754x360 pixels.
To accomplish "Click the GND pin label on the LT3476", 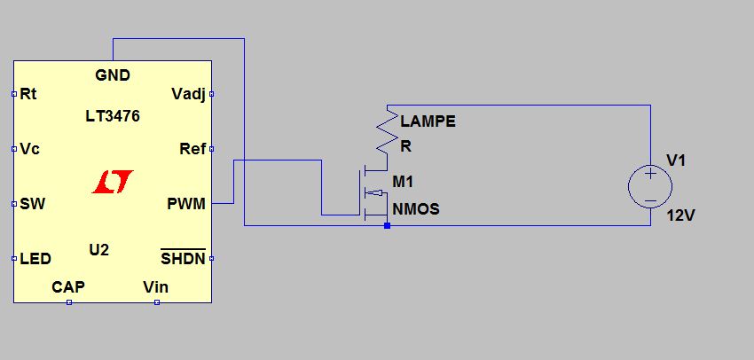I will coord(113,75).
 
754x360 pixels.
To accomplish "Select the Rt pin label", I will coord(28,93).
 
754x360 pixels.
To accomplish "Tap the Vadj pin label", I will coord(188,93).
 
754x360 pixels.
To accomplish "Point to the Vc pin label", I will coord(29,148).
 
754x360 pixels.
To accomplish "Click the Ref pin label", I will coord(192,148).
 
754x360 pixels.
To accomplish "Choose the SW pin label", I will coord(32,204).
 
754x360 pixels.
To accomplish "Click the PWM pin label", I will coord(186,204).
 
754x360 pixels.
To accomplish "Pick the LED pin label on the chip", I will coord(35,259).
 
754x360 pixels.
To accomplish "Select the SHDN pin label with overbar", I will coord(183,258).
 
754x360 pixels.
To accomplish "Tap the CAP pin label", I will coord(68,286).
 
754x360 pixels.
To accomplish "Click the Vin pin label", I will coord(155,286).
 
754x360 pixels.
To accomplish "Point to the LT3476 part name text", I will coord(113,116).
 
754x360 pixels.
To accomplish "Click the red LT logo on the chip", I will coord(113,182).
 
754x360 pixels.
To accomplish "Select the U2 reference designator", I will coord(99,249).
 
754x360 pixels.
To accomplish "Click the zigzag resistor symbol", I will coord(387,133).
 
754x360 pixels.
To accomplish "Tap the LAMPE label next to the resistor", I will coord(428,121).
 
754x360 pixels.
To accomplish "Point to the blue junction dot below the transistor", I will coord(388,225).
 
